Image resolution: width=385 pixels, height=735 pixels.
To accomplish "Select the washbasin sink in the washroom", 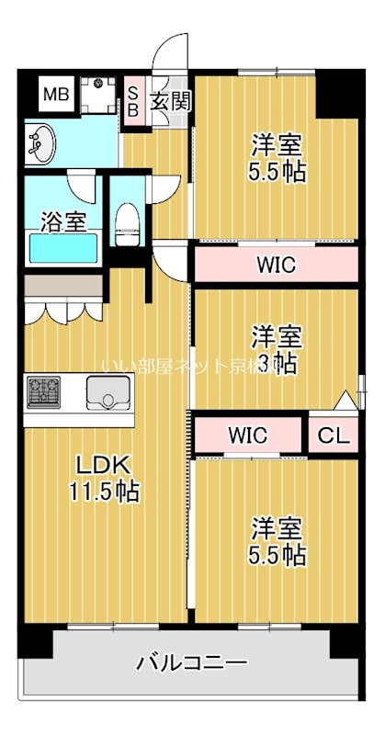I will pos(41,143).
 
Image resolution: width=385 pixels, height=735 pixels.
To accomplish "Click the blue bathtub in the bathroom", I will pos(63,248).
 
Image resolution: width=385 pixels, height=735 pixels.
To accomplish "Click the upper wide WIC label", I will pos(275,266).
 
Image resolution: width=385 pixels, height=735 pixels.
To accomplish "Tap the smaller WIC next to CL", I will pos(248,434).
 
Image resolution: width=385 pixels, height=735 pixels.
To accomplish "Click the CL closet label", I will pos(334,435).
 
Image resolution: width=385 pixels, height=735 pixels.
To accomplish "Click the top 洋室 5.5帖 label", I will pos(277,158).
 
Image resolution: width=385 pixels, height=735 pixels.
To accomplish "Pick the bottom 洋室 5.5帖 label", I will pos(277,542).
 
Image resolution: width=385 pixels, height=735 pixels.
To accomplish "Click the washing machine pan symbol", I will pos(95,94).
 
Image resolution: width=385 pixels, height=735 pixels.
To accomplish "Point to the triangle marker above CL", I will pos(344,401).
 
